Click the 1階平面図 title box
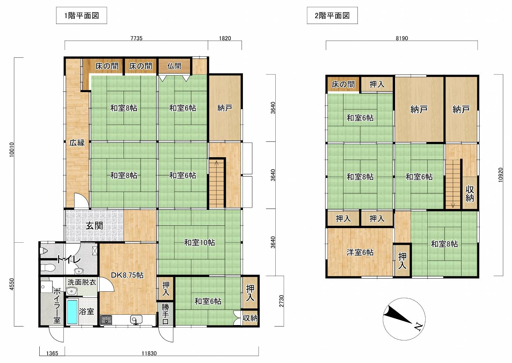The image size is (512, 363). pyautogui.click(x=81, y=16)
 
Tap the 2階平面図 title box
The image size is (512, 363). pyautogui.click(x=332, y=16)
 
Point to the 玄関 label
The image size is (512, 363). pyautogui.click(x=94, y=226)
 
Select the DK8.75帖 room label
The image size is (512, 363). pyautogui.click(x=127, y=275)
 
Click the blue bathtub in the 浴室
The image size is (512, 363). pyautogui.click(x=72, y=312)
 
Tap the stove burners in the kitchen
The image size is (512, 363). pyautogui.click(x=106, y=320)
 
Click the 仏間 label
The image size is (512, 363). pyautogui.click(x=174, y=66)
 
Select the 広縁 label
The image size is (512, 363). pyautogui.click(x=77, y=143)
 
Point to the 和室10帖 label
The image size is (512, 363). pyautogui.click(x=199, y=242)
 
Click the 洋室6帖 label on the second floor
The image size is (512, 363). pyautogui.click(x=360, y=252)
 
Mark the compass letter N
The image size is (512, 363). pyautogui.click(x=418, y=327)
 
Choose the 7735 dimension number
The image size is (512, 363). pyautogui.click(x=136, y=38)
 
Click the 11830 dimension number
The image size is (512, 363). pyautogui.click(x=149, y=353)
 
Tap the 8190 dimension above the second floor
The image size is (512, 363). pyautogui.click(x=402, y=38)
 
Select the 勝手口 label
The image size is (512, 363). pyautogui.click(x=165, y=314)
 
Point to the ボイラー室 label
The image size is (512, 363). pyautogui.click(x=57, y=306)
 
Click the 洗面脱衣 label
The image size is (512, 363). pyautogui.click(x=81, y=282)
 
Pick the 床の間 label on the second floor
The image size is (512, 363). pyautogui.click(x=343, y=84)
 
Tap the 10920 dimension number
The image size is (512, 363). pyautogui.click(x=501, y=175)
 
